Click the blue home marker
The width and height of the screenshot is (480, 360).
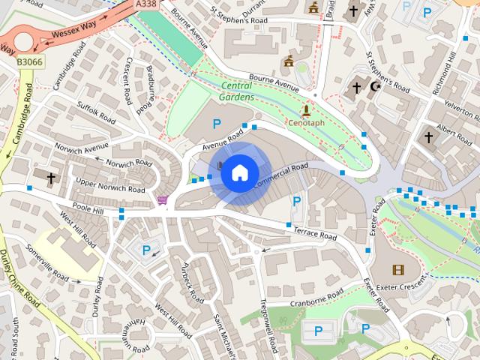pyautogui.click(x=239, y=173)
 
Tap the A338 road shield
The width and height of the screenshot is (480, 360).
pyautogui.click(x=148, y=4)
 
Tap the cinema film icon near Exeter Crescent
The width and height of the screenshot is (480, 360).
pyautogui.click(x=398, y=269)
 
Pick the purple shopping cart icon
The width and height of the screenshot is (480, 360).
pyautogui.click(x=163, y=199)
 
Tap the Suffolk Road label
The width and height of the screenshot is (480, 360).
pyautogui.click(x=95, y=112)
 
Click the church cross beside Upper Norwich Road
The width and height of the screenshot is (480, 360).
pyautogui.click(x=51, y=178)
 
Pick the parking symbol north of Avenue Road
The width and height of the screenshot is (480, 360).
pyautogui.click(x=217, y=124)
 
